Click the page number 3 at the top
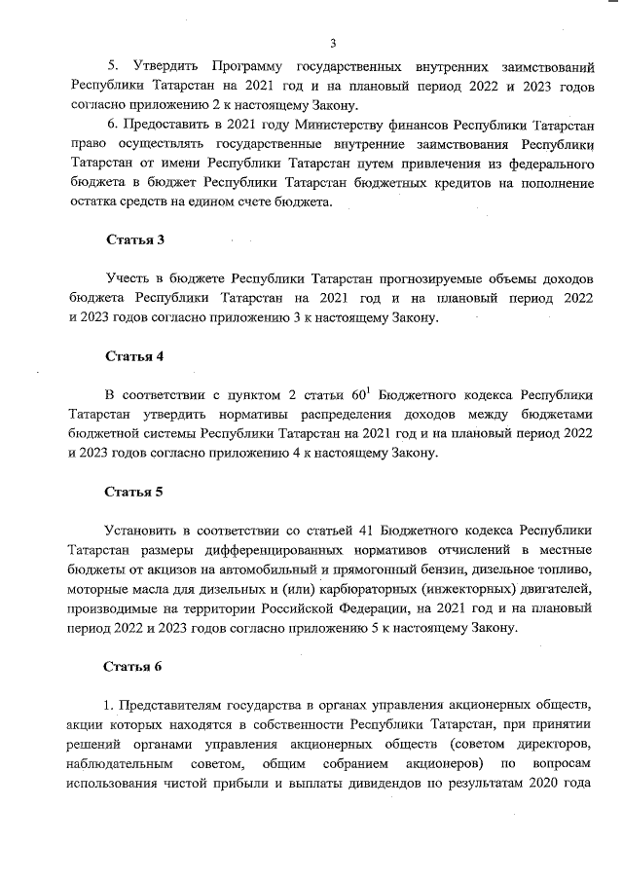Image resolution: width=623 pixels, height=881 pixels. coord(332,43)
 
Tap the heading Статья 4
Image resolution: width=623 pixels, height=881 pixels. coord(134,355)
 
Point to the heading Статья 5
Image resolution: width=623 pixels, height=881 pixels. coord(134,491)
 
